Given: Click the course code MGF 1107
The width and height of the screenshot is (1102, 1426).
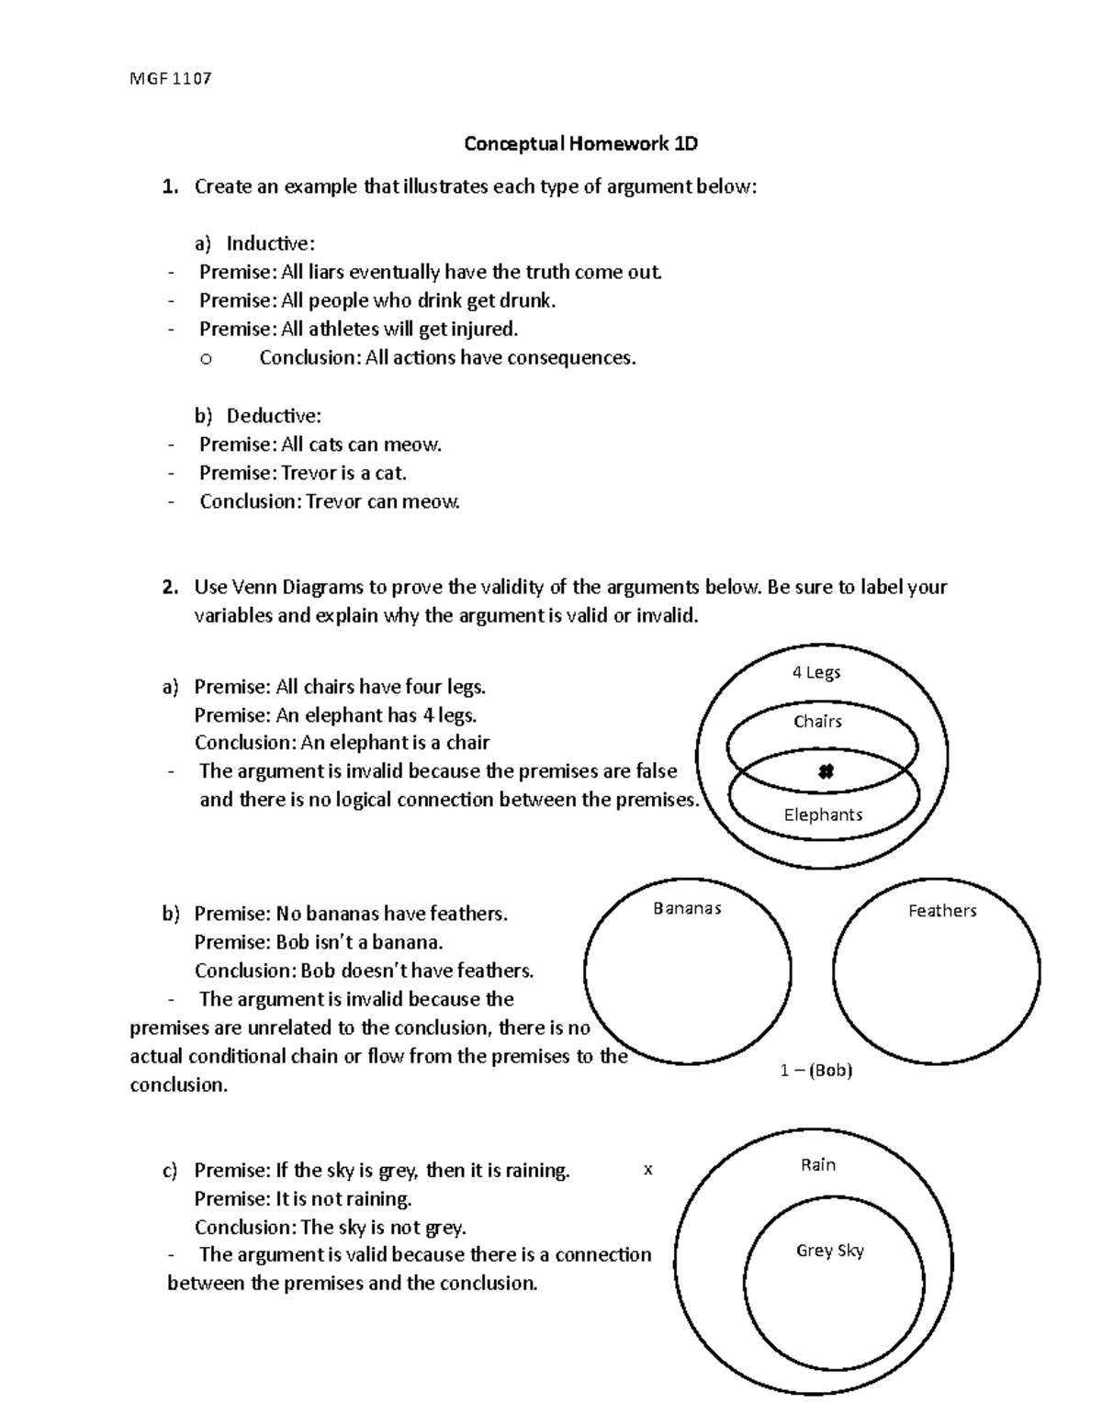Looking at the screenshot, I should tap(171, 78).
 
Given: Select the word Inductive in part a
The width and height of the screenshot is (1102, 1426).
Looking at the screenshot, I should tap(269, 243).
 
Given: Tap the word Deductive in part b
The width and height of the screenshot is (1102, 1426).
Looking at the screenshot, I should tap(273, 416).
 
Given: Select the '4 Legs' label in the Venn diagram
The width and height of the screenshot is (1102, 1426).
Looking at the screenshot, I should tap(816, 672).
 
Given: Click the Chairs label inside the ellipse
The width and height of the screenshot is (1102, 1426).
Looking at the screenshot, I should tap(817, 722).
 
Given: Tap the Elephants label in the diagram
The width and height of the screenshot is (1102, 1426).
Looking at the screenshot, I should tap(823, 814).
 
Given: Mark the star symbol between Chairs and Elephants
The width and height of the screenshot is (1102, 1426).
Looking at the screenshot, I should tap(825, 772).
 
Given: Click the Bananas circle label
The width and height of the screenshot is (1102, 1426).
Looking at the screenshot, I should tap(687, 908).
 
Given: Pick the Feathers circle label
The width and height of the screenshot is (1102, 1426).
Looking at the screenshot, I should tap(941, 911).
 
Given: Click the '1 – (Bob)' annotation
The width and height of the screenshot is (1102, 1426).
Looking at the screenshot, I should tap(816, 1071).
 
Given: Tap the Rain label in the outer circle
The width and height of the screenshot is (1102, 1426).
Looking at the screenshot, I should tap(817, 1165).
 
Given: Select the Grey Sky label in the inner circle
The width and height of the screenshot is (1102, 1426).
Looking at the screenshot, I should tap(829, 1251).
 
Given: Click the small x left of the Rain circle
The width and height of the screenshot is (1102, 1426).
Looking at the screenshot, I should tap(648, 1171).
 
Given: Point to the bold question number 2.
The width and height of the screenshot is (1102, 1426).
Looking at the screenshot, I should tap(168, 588).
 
